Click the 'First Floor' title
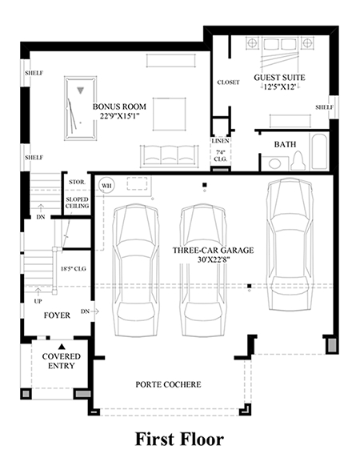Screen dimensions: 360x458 (179, 440)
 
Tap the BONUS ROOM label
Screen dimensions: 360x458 (119, 106)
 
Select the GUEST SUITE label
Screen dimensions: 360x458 (279, 78)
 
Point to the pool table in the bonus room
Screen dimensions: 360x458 (81, 108)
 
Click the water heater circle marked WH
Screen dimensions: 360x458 (106, 185)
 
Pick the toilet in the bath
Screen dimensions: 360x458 (298, 160)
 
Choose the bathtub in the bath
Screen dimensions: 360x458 (320, 151)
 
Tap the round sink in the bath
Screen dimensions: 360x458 (274, 163)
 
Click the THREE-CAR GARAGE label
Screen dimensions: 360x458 (213, 251)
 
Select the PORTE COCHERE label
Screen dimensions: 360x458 (168, 384)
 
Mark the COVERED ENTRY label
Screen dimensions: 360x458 (62, 361)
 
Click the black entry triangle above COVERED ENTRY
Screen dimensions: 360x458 (62, 347)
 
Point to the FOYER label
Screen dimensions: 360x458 (57, 315)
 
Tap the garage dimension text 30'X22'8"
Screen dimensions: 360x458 (212, 259)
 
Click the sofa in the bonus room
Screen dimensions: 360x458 (169, 156)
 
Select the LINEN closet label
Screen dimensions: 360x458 (221, 141)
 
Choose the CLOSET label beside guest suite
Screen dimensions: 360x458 (228, 82)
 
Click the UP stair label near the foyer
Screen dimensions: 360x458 (38, 301)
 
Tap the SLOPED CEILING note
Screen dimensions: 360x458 (77, 203)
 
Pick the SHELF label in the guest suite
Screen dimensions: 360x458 (325, 107)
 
